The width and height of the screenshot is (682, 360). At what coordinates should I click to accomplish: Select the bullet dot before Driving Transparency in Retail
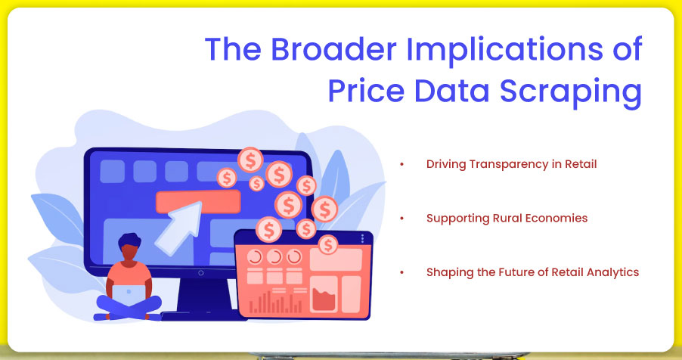pyautogui.click(x=403, y=164)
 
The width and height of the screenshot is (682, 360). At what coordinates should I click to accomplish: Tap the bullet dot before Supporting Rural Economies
pyautogui.click(x=403, y=219)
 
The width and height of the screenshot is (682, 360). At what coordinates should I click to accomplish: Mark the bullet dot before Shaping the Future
pyautogui.click(x=403, y=272)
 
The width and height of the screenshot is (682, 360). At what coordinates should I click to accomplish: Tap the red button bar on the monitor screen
pyautogui.click(x=197, y=201)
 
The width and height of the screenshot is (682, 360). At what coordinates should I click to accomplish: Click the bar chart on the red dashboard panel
pyautogui.click(x=275, y=302)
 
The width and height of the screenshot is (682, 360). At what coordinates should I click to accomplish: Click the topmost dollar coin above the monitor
pyautogui.click(x=250, y=160)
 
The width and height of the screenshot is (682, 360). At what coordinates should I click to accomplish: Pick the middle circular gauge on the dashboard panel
pyautogui.click(x=275, y=256)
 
